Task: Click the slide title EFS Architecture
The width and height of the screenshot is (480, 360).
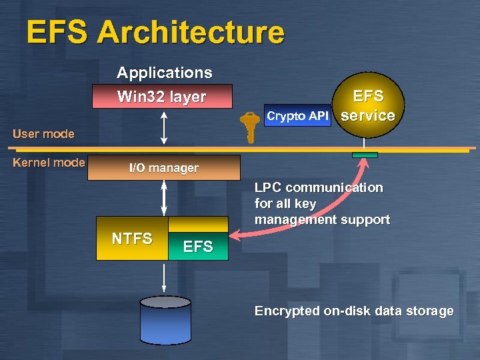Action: [x=155, y=32]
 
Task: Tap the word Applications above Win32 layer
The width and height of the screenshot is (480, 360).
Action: [x=164, y=73]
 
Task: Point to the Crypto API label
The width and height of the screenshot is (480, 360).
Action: [x=297, y=116]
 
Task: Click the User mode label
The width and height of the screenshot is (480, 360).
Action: [x=43, y=134]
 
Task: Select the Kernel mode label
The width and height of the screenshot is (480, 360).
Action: [x=49, y=163]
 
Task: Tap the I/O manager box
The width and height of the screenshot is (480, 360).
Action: [x=164, y=168]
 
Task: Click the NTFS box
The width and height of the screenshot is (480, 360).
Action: [x=132, y=239]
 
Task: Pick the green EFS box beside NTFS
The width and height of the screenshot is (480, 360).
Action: [x=198, y=246]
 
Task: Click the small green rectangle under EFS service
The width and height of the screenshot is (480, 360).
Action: [x=365, y=155]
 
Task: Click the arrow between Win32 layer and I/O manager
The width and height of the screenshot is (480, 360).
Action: [x=165, y=127]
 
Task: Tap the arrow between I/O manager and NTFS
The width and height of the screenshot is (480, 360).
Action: [x=165, y=198]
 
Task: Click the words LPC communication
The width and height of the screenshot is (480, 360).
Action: [x=319, y=188]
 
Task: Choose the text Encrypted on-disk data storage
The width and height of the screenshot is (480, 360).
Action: [x=354, y=311]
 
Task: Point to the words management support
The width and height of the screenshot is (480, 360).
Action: [x=322, y=219]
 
